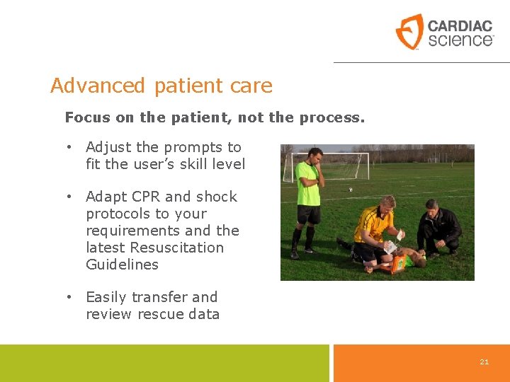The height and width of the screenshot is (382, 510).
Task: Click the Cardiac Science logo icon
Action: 409,32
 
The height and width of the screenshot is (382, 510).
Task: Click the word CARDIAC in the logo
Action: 460,26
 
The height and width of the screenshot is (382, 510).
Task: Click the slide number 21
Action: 484,361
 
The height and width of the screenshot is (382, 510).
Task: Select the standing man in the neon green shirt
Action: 308,198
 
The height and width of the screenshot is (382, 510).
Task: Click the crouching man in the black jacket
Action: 438,228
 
